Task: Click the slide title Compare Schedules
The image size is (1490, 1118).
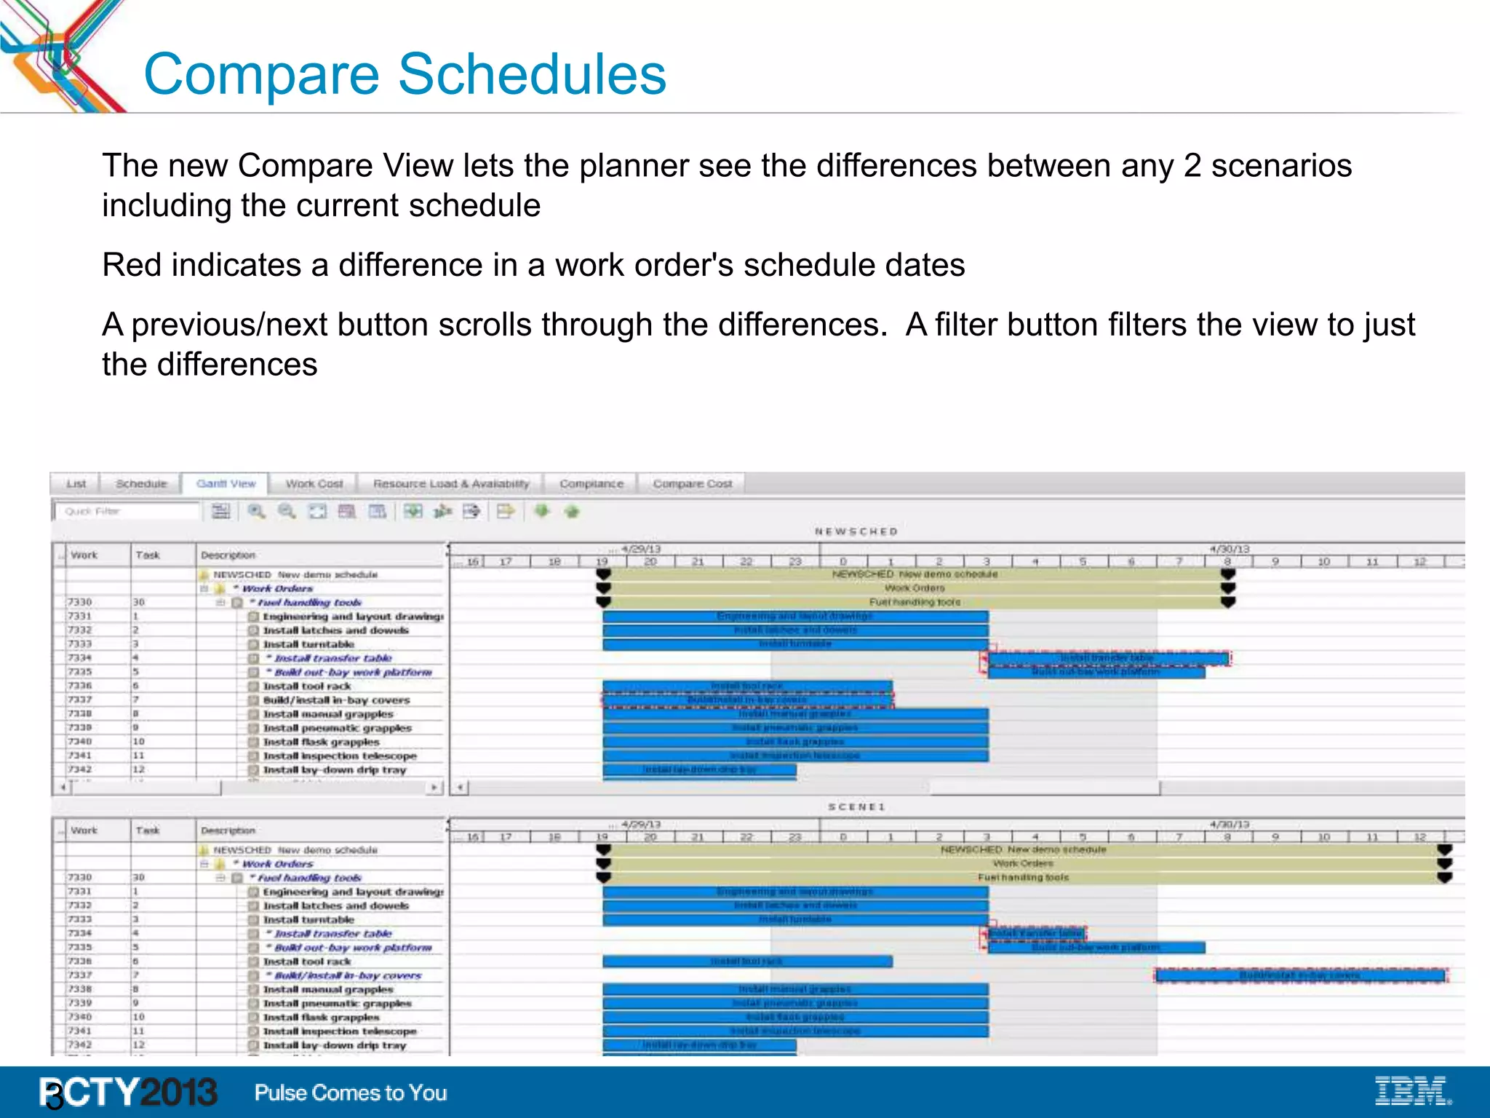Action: [405, 74]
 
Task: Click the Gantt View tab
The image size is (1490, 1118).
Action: [226, 484]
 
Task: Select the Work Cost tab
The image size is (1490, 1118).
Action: [314, 484]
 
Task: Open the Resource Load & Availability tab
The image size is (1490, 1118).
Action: [450, 484]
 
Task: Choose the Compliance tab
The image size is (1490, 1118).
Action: [591, 484]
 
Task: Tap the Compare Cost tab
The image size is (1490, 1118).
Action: [692, 484]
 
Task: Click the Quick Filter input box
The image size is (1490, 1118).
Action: [127, 512]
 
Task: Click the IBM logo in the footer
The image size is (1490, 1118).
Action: [1412, 1091]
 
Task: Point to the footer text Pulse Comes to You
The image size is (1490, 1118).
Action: [351, 1093]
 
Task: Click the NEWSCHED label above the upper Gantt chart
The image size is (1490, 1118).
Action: [856, 532]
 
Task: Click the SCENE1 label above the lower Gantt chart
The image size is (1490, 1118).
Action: [856, 807]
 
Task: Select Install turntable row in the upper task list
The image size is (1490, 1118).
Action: [308, 644]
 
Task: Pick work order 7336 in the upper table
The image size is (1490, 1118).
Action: [80, 686]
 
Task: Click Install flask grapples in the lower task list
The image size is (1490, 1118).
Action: [321, 1017]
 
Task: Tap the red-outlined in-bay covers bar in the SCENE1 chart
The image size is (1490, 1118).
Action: [1299, 975]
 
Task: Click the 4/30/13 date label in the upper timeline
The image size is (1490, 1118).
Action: [1229, 550]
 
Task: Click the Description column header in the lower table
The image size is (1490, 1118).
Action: [228, 830]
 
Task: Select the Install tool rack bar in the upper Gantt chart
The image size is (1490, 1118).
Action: [746, 686]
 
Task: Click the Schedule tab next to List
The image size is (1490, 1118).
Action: [141, 484]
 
